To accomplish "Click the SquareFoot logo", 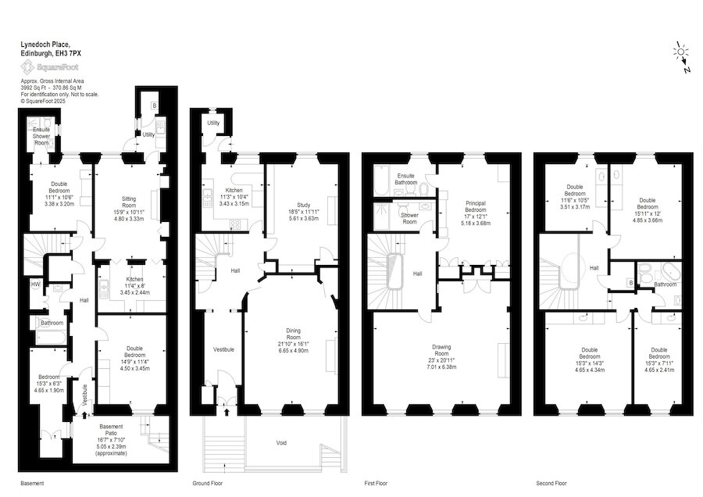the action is pyautogui.click(x=49, y=67).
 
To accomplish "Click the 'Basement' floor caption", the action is pyautogui.click(x=32, y=483).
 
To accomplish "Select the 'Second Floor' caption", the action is pyautogui.click(x=551, y=483).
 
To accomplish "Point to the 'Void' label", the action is pyautogui.click(x=281, y=443).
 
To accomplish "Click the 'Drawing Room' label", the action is pyautogui.click(x=441, y=350).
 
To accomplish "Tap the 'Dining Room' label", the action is pyautogui.click(x=293, y=334).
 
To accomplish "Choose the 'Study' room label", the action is pyautogui.click(x=304, y=205).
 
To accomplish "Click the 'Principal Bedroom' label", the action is pyautogui.click(x=475, y=206).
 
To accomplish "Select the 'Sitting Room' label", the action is pyautogui.click(x=129, y=202).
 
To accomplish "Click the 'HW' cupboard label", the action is pyautogui.click(x=35, y=284).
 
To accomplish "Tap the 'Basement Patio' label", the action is pyautogui.click(x=111, y=430).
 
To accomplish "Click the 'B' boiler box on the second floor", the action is pyautogui.click(x=631, y=283).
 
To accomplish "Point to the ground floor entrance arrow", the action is pyautogui.click(x=227, y=412).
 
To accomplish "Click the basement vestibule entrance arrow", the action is pyautogui.click(x=84, y=416).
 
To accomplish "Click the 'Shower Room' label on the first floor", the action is pyautogui.click(x=409, y=218).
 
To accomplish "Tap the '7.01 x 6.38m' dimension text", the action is pyautogui.click(x=441, y=367).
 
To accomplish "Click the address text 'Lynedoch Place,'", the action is pyautogui.click(x=45, y=44).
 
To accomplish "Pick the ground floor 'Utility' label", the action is pyautogui.click(x=213, y=123).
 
